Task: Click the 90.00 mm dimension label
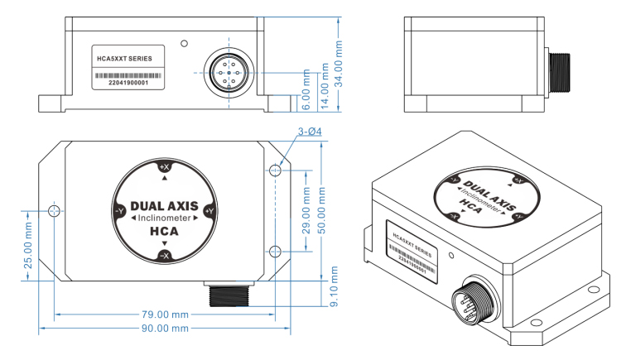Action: [x=166, y=329]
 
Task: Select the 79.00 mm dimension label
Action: [x=166, y=314]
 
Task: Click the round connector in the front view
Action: [x=225, y=73]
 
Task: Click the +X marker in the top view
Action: [x=164, y=167]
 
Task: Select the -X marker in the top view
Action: [x=164, y=256]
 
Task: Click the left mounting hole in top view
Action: [x=55, y=212]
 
